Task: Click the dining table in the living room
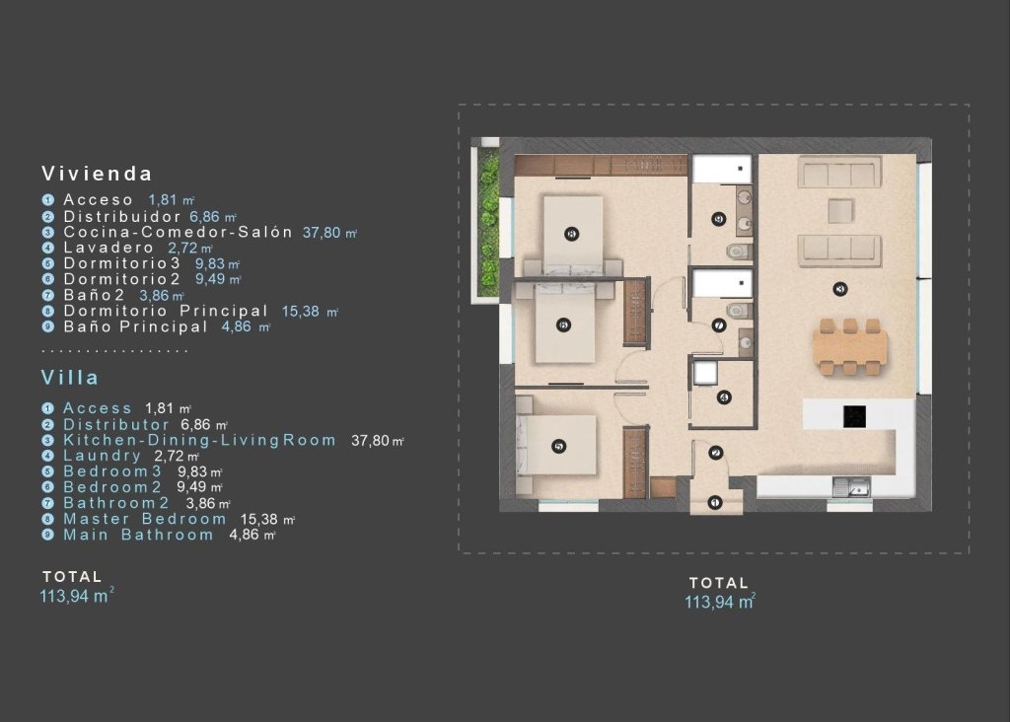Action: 849,345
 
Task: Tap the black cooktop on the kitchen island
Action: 854,417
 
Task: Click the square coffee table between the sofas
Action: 839,211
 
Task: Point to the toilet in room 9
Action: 735,252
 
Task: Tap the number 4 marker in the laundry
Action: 724,397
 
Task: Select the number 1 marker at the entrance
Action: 716,503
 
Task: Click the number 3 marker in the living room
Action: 839,289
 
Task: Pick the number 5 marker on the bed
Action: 559,447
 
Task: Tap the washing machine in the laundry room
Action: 704,372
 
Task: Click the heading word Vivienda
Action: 97,174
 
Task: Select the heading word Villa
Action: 70,378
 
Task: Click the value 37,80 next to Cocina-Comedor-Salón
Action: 323,232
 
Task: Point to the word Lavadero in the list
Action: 108,248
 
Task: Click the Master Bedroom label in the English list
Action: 145,519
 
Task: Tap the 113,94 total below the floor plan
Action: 719,602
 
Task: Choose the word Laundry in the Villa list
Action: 103,456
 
